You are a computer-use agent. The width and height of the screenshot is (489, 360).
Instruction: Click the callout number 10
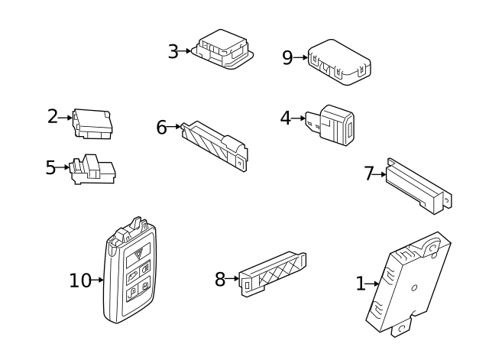click(80, 281)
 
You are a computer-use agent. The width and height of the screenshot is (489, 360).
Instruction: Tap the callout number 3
click(173, 51)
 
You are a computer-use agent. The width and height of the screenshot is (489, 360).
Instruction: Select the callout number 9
click(287, 58)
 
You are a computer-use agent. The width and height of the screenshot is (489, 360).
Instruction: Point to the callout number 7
click(369, 174)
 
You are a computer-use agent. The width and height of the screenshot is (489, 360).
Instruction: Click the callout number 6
click(161, 128)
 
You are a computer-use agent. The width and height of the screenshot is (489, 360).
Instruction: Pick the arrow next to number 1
click(372, 284)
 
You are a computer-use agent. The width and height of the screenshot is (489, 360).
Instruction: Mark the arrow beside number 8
click(232, 278)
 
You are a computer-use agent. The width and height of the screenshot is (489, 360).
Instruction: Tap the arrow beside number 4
click(298, 118)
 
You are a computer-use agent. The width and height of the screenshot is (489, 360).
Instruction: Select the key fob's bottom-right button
click(145, 285)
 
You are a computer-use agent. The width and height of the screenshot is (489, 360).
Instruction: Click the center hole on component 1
click(414, 288)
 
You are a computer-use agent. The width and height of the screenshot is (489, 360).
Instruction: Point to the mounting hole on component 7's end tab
click(448, 200)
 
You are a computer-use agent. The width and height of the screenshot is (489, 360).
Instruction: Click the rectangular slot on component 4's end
click(350, 129)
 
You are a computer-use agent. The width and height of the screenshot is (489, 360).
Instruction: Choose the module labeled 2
click(92, 124)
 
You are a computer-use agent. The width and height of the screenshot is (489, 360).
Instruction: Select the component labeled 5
click(92, 169)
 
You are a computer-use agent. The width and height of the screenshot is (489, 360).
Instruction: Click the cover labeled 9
click(339, 62)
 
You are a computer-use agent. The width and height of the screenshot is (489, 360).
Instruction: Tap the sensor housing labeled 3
click(222, 49)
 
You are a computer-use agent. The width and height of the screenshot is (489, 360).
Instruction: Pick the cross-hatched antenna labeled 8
click(272, 274)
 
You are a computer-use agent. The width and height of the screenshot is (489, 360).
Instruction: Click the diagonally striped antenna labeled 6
click(215, 145)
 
